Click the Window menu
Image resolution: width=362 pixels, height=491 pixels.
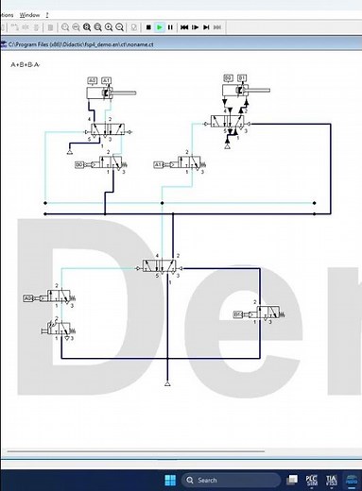click(29, 15)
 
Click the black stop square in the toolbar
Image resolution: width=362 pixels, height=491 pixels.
click(148, 28)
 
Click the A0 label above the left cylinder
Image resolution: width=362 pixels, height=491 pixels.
click(93, 79)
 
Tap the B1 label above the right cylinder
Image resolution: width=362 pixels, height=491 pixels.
click(242, 76)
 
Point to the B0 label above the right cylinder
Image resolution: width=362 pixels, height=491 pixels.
click(228, 76)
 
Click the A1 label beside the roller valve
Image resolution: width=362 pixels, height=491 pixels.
click(159, 165)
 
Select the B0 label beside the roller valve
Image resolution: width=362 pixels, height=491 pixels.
click(79, 165)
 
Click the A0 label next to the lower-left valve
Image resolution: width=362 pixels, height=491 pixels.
click(27, 298)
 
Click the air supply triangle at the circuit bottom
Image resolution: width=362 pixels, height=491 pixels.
click(166, 384)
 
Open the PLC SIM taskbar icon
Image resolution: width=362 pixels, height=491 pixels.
click(311, 480)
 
